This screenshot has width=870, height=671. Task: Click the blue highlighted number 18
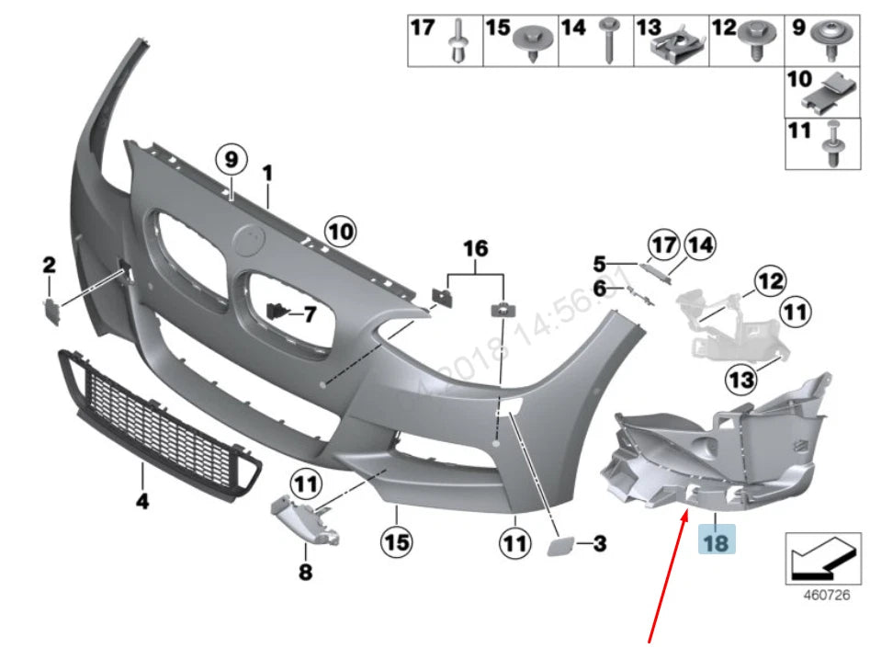pyautogui.click(x=716, y=542)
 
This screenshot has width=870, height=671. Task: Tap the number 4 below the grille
pyautogui.click(x=142, y=502)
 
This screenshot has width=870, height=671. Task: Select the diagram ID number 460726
pyautogui.click(x=826, y=596)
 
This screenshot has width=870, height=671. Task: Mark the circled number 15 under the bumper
pyautogui.click(x=396, y=542)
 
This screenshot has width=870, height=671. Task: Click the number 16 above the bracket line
pyautogui.click(x=475, y=248)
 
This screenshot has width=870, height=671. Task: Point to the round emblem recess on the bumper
pyautogui.click(x=249, y=242)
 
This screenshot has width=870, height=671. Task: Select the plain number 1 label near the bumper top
pyautogui.click(x=268, y=173)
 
